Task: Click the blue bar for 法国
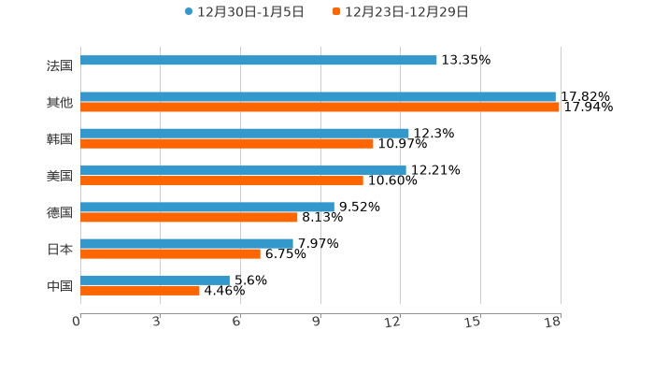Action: click(259, 60)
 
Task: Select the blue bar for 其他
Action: click(318, 96)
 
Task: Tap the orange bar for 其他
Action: click(320, 107)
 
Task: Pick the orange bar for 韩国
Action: click(227, 143)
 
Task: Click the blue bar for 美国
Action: click(243, 170)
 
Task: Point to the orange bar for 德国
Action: click(189, 217)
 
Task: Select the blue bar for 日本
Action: click(187, 243)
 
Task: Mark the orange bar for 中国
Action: click(140, 290)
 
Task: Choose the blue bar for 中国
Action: click(155, 280)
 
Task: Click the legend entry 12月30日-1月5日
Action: click(244, 12)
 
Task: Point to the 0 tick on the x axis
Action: click(77, 323)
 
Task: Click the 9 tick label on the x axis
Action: click(317, 323)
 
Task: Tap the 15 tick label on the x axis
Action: click(474, 323)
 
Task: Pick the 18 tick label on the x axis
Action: click(553, 323)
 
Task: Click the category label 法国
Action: click(60, 65)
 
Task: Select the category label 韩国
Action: click(60, 138)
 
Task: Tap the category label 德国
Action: click(60, 212)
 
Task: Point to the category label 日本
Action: click(60, 249)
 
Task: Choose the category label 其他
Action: click(60, 102)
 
